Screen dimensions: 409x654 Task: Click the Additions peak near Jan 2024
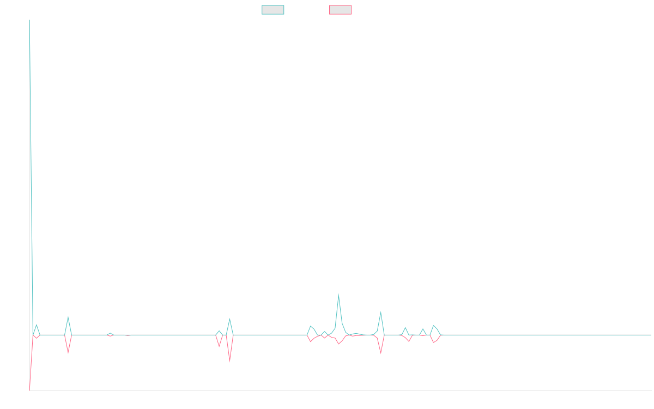(338, 295)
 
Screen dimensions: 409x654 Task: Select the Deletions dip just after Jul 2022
(68, 352)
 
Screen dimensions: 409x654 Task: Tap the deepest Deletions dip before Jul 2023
(229, 360)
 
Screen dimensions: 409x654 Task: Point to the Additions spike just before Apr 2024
(380, 312)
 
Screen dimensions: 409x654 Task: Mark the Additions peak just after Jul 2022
(68, 317)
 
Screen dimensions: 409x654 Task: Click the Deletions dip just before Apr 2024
(380, 353)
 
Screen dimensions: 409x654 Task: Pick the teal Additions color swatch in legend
(273, 10)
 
